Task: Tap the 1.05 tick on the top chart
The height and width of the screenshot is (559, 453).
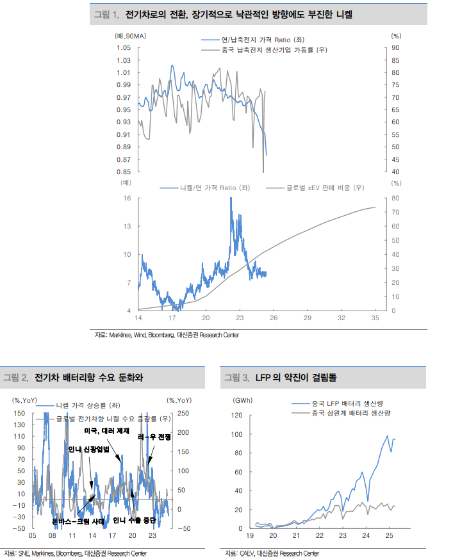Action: pos(124,48)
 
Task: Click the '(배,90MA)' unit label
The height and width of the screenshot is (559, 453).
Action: pos(130,36)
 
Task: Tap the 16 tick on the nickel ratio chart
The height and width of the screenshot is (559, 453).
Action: pos(128,198)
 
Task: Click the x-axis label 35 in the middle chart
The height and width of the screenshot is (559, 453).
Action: pos(375,318)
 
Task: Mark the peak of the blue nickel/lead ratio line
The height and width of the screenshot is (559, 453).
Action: pos(231,200)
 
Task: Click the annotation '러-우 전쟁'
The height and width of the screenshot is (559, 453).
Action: pos(154,437)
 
